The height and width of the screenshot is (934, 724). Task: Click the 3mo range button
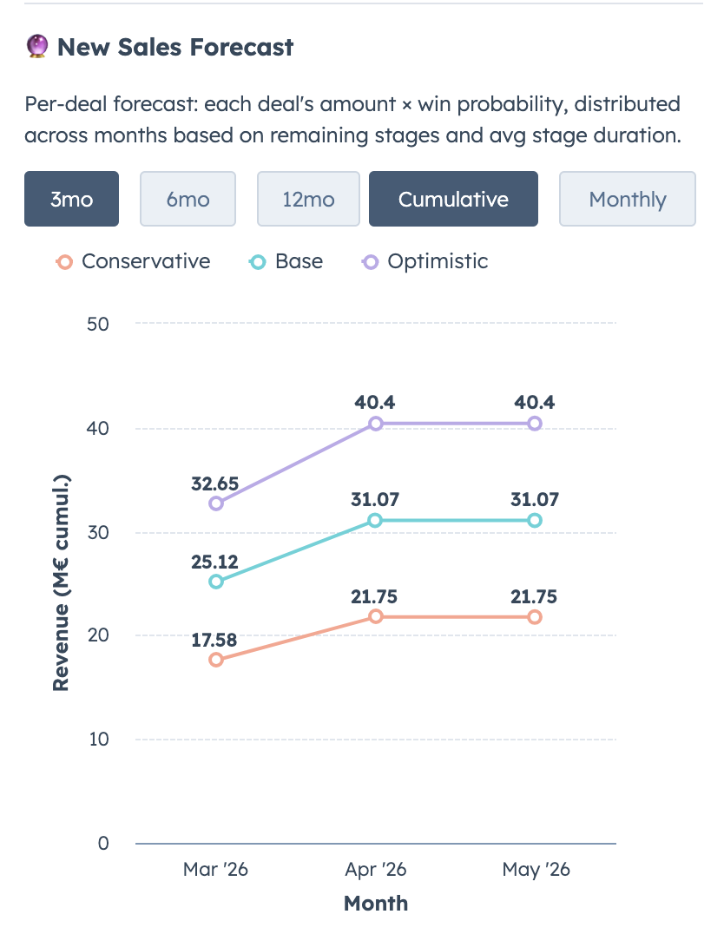pyautogui.click(x=71, y=199)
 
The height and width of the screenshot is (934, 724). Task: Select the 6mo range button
pyautogui.click(x=188, y=199)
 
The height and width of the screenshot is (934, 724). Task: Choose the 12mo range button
pyautogui.click(x=308, y=199)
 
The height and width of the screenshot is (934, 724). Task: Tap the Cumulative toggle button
pyautogui.click(x=453, y=199)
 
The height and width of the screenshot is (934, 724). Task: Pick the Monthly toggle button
pyautogui.click(x=627, y=199)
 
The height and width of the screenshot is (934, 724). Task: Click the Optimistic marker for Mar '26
pyautogui.click(x=216, y=503)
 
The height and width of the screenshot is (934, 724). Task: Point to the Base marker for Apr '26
pyautogui.click(x=376, y=520)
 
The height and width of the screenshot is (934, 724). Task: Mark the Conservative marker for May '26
pyautogui.click(x=535, y=617)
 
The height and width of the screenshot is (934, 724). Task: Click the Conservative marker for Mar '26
pyautogui.click(x=216, y=660)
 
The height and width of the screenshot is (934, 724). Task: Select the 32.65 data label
pyautogui.click(x=215, y=483)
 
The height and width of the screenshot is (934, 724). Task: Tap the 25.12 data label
pyautogui.click(x=215, y=562)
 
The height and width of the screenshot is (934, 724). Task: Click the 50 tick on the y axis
pyautogui.click(x=97, y=324)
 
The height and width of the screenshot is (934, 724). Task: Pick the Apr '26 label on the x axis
pyautogui.click(x=376, y=870)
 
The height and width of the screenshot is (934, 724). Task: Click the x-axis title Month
pyautogui.click(x=376, y=903)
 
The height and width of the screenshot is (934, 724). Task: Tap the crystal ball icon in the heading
pyautogui.click(x=36, y=47)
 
